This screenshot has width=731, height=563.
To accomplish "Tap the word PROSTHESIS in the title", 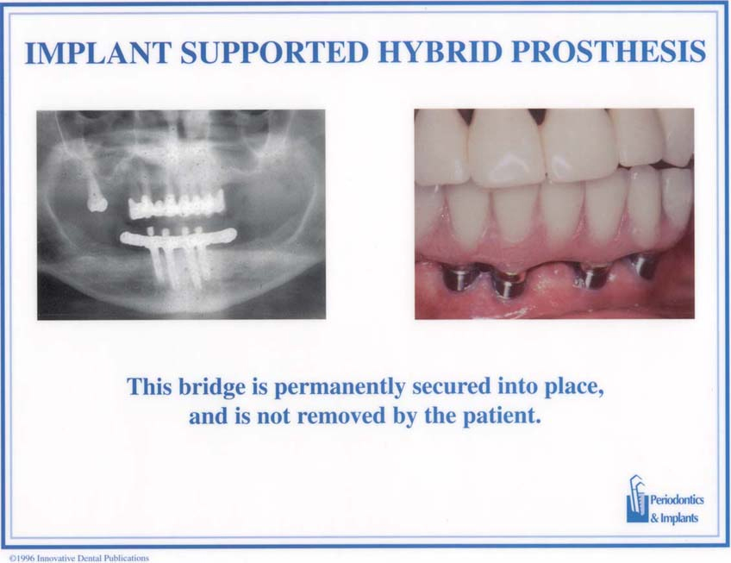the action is tap(609, 52).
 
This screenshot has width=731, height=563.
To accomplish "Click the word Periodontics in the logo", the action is tap(677, 501).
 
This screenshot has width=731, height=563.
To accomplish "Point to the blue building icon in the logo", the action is tap(637, 499).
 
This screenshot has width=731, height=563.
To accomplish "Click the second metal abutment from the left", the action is tap(506, 284).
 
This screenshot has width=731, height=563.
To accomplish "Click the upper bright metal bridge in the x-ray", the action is tap(176, 203).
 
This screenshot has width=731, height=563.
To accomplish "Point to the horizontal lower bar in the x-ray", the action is tap(178, 237).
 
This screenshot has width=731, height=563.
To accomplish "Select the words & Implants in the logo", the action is tap(674, 518).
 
